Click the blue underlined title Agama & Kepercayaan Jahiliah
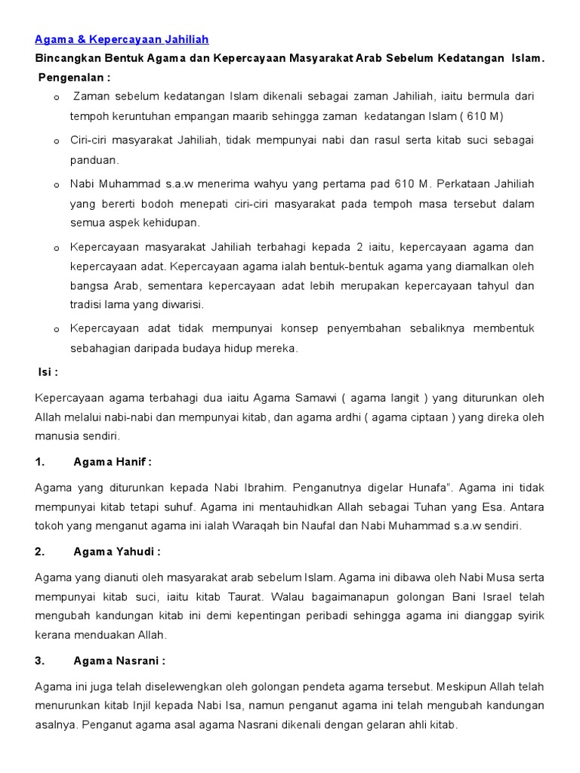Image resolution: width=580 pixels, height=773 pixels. point(122,39)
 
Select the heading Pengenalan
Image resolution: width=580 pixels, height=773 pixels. point(74,77)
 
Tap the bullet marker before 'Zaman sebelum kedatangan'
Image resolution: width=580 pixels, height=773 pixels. point(57,98)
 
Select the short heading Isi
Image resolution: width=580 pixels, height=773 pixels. point(48,372)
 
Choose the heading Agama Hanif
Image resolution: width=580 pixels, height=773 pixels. point(113,462)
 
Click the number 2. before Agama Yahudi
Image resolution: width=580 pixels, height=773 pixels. point(40,551)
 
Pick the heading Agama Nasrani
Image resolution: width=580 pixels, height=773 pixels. point(119,661)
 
